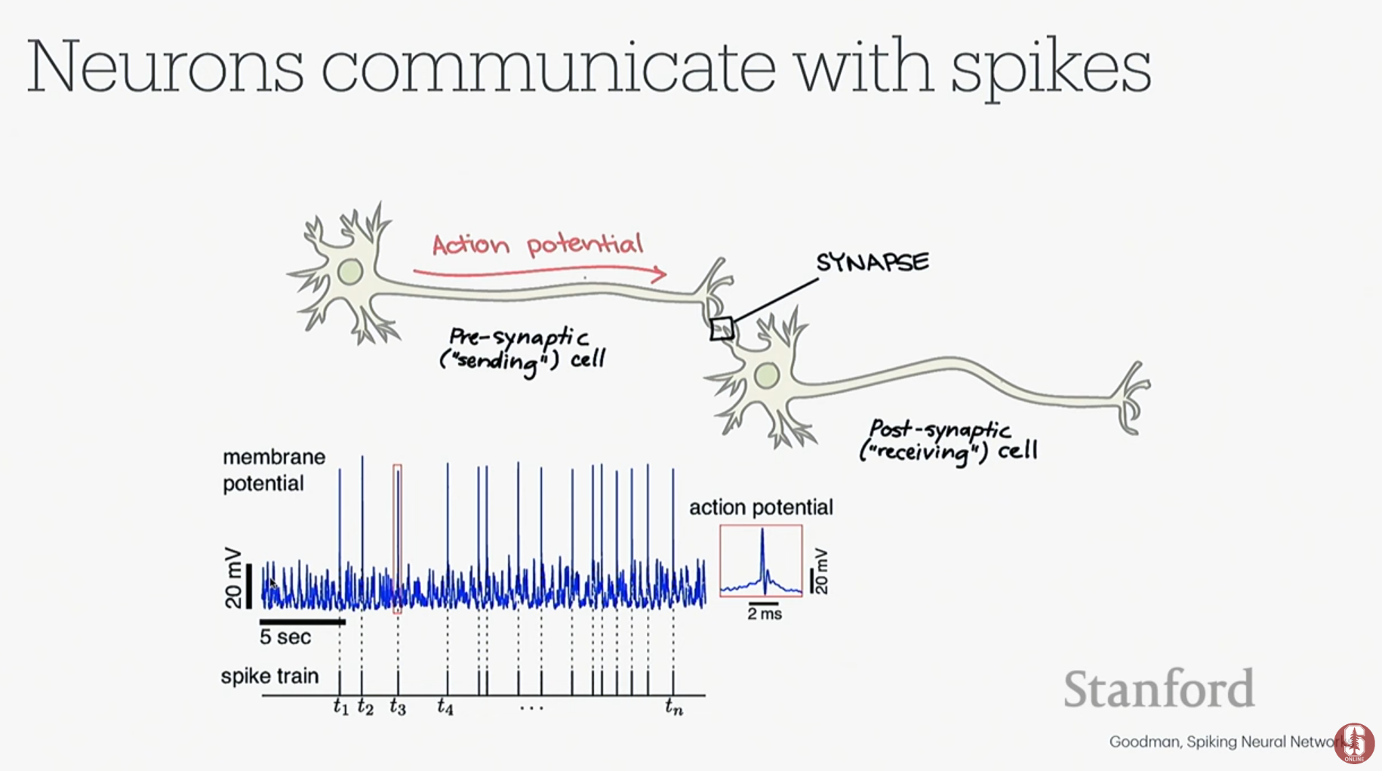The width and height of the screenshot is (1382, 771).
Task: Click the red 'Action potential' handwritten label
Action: pos(537,244)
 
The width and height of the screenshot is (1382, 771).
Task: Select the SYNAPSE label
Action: pos(873,262)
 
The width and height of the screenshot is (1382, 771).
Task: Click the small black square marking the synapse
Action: pos(722,329)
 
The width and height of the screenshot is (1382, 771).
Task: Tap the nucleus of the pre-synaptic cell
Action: pos(350,272)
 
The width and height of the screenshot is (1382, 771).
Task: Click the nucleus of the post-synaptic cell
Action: pos(767,375)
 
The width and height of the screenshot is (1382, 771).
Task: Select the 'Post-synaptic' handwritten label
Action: pos(940,430)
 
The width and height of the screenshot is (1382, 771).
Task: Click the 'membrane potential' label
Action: pos(274,470)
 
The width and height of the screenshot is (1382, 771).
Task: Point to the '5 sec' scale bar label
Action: pos(285,637)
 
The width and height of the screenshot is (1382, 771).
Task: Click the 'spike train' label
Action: pos(269,676)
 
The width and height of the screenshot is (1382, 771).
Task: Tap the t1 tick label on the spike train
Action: pos(341,707)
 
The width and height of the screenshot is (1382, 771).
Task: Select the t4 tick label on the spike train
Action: pos(445,707)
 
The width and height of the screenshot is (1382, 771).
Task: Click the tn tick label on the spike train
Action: pos(674,707)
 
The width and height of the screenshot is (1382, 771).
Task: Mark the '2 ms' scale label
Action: pos(765,614)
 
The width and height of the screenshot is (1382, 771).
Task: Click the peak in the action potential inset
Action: pos(762,530)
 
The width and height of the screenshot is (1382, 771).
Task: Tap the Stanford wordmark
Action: pos(1159,688)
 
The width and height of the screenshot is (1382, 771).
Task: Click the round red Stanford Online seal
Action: pos(1354,743)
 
